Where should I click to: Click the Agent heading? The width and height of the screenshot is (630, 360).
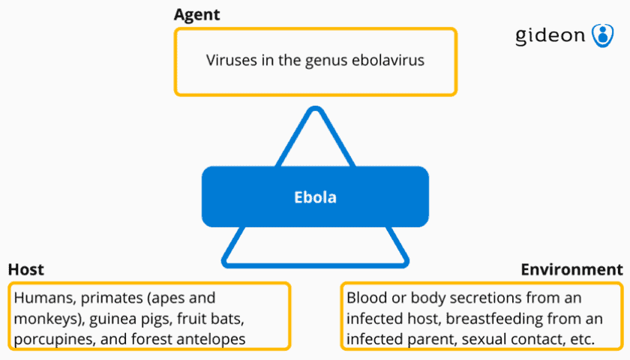coord(196,15)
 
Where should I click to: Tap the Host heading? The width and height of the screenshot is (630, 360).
coord(26,269)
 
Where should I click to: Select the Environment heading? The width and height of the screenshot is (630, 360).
coord(571,269)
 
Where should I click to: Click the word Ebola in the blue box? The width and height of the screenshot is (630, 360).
coord(315,197)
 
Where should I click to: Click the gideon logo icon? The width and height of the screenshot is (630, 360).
coord(602,35)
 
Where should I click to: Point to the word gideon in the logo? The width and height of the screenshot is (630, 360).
coord(550,36)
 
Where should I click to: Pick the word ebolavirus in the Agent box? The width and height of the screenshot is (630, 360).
coord(388,60)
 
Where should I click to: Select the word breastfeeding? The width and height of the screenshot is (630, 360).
coord(494,319)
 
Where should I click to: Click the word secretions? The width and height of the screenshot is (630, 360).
coord(486,298)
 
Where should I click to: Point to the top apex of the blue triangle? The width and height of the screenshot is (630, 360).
coord(315,108)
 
